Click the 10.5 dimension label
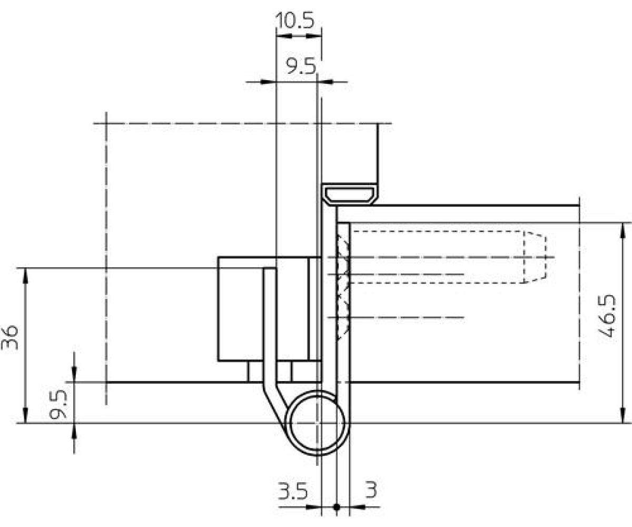click(x=295, y=21)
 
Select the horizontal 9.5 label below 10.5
click(x=301, y=66)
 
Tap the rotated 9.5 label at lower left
click(x=58, y=405)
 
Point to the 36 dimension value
click(x=10, y=337)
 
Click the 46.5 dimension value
click(x=607, y=315)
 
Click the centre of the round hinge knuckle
click(x=317, y=423)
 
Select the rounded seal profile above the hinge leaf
click(x=350, y=194)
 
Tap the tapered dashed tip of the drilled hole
click(x=535, y=257)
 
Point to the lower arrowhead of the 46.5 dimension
click(x=623, y=415)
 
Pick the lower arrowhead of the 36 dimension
click(x=25, y=415)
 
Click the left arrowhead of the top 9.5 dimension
click(x=268, y=82)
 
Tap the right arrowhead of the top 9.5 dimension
click(x=325, y=82)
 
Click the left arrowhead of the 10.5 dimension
click(x=284, y=36)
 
